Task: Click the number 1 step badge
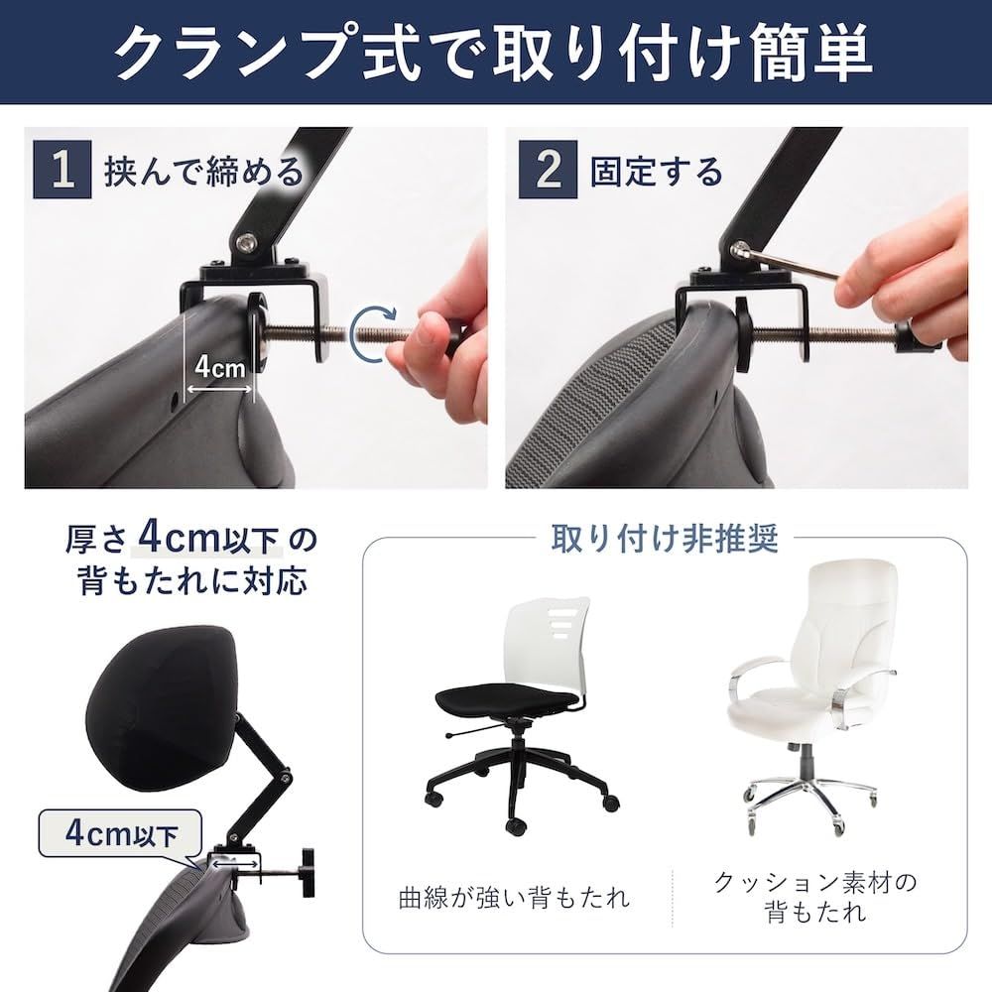[62, 170]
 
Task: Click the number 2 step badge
[548, 170]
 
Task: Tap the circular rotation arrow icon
[374, 334]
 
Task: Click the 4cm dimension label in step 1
[219, 366]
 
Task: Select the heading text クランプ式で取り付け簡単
[495, 52]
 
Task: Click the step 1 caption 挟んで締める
[204, 171]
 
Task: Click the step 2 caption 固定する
[656, 171]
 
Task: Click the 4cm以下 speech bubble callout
[121, 834]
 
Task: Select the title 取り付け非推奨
[665, 539]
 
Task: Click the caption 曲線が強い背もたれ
[514, 897]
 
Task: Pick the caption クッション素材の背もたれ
[815, 897]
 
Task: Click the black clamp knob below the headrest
[309, 873]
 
